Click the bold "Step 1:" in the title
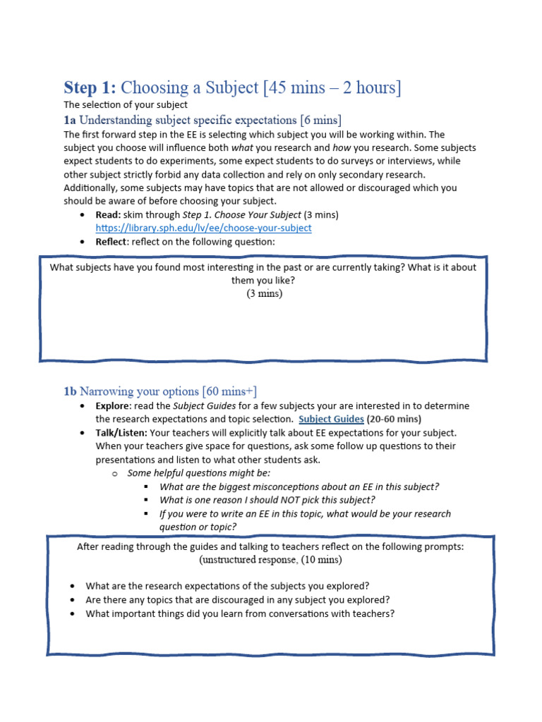tap(90, 88)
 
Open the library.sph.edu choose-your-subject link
tap(203, 228)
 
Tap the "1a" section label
tap(70, 119)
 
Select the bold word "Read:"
tap(109, 214)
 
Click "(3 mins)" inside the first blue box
tap(264, 294)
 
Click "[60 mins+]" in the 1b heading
tap(229, 391)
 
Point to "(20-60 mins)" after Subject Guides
tap(397, 419)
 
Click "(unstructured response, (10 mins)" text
tap(270, 560)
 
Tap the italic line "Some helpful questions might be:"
tap(198, 473)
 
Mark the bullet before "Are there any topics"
tap(74, 600)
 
